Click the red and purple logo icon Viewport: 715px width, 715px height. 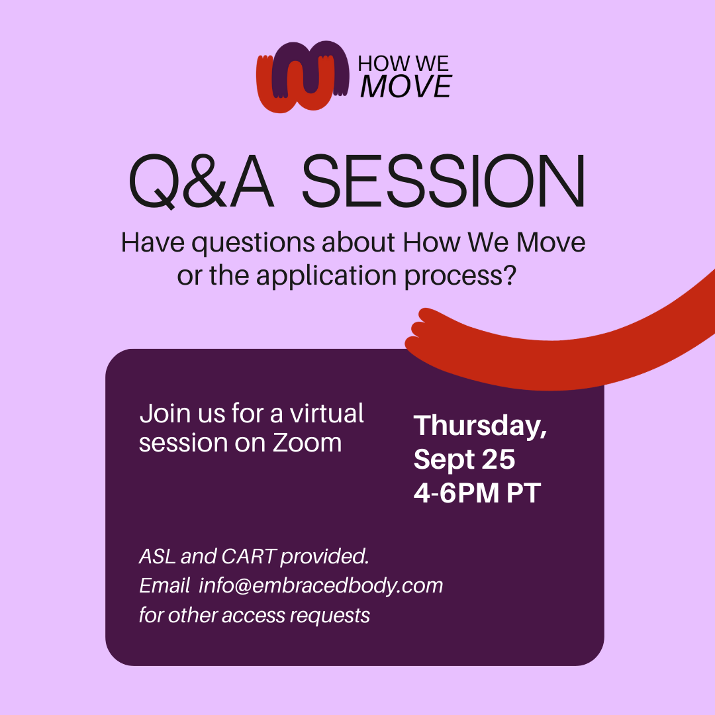(303, 77)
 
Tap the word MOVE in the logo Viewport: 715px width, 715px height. (406, 86)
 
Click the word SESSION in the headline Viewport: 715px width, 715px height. (443, 181)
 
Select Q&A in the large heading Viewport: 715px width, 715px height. (201, 181)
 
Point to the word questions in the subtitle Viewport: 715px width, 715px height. (253, 243)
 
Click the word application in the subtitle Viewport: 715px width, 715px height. (326, 276)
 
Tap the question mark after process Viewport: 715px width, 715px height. (511, 275)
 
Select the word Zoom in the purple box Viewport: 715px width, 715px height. (307, 443)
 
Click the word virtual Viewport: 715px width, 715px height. (326, 414)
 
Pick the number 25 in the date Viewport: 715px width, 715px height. (499, 459)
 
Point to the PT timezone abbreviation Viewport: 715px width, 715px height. (524, 493)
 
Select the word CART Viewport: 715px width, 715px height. (248, 556)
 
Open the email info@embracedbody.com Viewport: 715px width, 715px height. (320, 586)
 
